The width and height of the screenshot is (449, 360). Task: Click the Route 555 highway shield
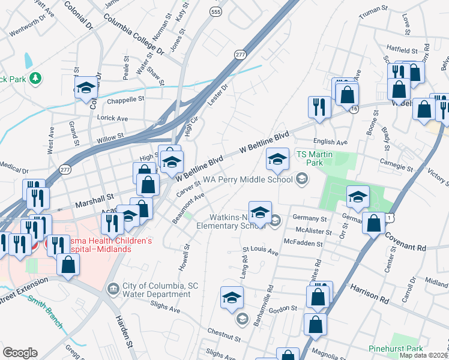click(x=214, y=11)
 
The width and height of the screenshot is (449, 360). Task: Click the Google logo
click(x=20, y=352)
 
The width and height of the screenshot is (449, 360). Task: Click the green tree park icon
click(x=35, y=78)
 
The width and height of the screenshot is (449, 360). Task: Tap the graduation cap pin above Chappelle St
click(x=86, y=88)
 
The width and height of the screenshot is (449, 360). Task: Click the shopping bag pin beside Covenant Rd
click(x=373, y=223)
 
